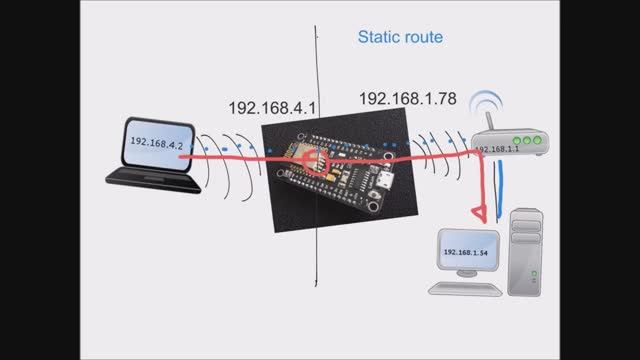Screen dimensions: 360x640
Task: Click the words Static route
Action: tap(400, 38)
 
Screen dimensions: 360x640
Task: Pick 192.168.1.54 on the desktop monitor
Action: tap(465, 253)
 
